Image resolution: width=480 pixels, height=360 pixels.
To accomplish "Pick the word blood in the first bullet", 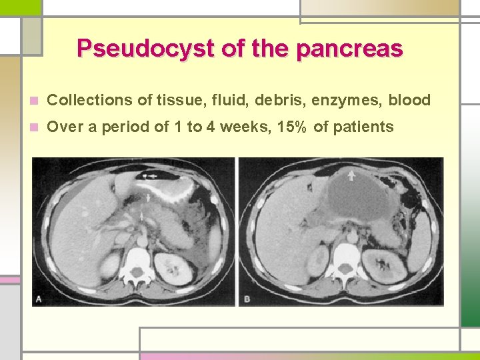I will (409, 101).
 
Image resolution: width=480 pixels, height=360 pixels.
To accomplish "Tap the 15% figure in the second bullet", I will (291, 127).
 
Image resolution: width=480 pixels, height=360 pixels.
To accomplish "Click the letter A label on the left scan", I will (38, 299).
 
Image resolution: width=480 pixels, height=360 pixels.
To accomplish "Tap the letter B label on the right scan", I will (247, 299).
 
